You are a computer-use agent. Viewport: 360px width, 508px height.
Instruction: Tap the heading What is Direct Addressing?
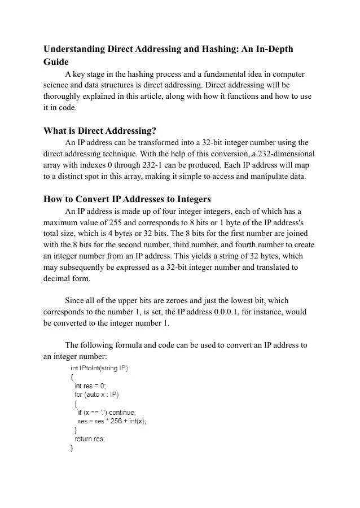coord(99,130)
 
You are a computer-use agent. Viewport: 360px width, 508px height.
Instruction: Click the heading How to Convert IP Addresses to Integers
coord(127,199)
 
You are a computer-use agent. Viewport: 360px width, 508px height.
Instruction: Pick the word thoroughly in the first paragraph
coord(64,96)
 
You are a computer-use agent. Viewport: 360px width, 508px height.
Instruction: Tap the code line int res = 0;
coord(90,386)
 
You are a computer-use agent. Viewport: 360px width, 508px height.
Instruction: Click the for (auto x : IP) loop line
coord(96,395)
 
